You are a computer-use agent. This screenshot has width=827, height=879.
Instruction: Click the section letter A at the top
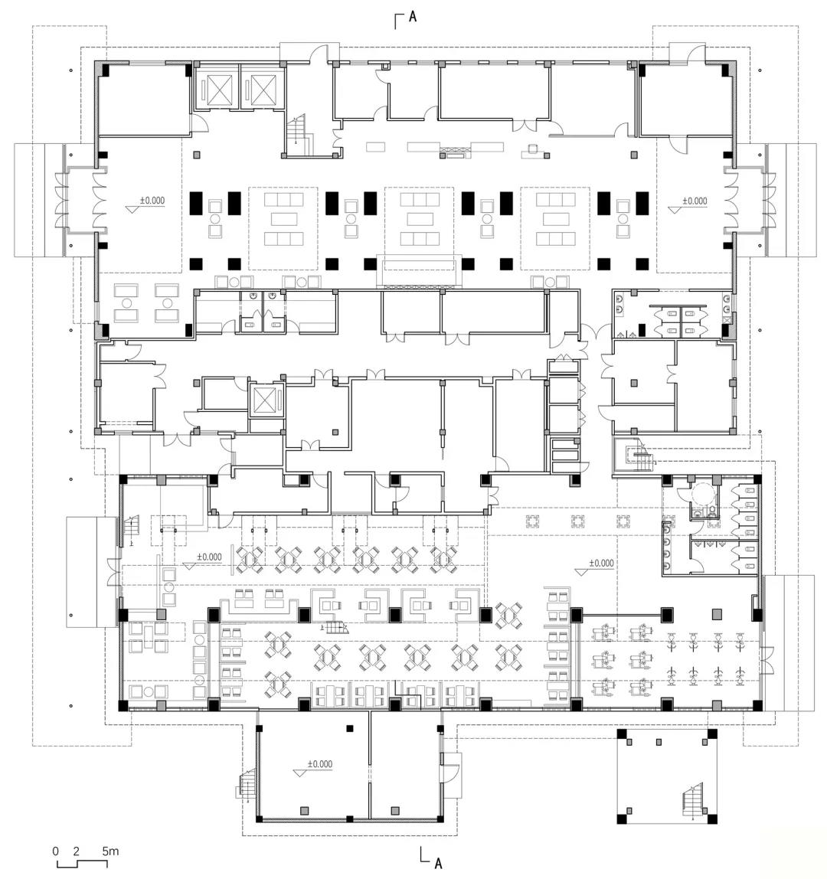[x=413, y=17]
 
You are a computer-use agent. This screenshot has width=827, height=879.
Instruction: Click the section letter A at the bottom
[x=439, y=863]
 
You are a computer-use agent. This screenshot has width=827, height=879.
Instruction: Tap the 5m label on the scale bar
[x=110, y=851]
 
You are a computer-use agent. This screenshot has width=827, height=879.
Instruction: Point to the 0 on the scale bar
[x=55, y=851]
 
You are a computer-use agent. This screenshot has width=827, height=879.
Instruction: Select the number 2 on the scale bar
[x=76, y=851]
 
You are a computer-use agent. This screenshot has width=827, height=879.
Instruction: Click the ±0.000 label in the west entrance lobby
[x=152, y=200]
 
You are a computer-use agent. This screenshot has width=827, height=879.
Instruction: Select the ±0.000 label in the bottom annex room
[x=319, y=764]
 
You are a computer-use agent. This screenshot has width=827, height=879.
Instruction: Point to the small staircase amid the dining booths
[x=335, y=627]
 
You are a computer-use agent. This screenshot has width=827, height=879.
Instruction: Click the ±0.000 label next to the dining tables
[x=209, y=557]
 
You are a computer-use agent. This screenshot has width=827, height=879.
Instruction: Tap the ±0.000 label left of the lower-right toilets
[x=601, y=563]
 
